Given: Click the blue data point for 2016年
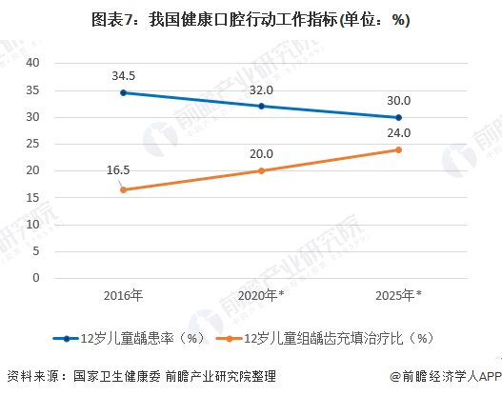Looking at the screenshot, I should (123, 92).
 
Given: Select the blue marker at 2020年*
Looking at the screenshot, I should (261, 106).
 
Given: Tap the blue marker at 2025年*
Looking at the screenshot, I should (398, 117).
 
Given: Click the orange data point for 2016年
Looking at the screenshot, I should (123, 189).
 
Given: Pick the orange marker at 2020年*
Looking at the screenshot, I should (261, 170).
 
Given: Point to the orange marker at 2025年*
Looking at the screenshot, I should (398, 149).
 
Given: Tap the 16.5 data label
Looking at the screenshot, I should (118, 170).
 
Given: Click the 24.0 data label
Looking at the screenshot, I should (398, 132).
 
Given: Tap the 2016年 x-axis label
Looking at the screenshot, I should (124, 295).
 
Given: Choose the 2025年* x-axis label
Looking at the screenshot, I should (398, 295).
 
